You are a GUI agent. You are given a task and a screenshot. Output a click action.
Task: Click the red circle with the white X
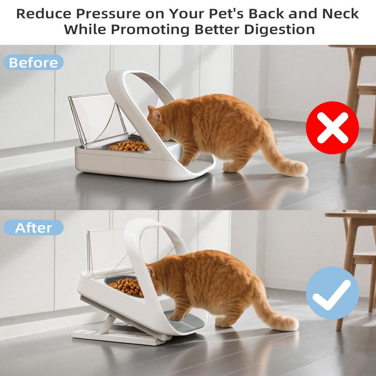(x=332, y=128)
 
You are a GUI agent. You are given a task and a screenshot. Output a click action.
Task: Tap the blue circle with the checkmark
(x=332, y=293)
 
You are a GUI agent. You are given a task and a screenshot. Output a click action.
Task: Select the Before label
(x=33, y=62)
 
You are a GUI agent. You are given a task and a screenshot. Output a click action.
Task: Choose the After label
(x=33, y=227)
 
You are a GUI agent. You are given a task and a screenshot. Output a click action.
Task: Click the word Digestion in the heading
(x=279, y=30)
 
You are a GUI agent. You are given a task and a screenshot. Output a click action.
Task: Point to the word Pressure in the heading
(x=108, y=14)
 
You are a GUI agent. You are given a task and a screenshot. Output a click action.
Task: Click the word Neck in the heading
(x=341, y=14)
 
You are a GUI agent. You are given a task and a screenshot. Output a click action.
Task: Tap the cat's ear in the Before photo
(x=156, y=115)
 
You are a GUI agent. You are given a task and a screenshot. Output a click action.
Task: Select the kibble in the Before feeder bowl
(x=129, y=146)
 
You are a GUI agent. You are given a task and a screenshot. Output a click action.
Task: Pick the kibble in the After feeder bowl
(x=127, y=287)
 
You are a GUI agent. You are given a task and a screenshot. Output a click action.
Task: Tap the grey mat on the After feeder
(x=185, y=321)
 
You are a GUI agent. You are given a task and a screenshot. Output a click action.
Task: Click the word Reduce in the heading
(x=44, y=14)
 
